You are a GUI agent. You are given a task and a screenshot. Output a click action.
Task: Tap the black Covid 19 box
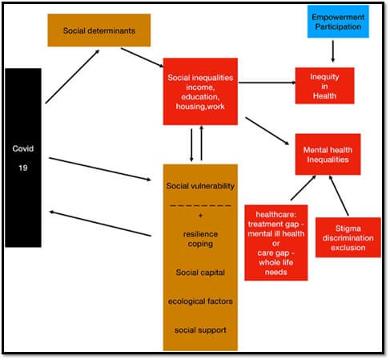pyautogui.click(x=24, y=157)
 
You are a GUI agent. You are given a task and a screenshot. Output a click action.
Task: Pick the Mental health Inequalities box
pyautogui.click(x=328, y=154)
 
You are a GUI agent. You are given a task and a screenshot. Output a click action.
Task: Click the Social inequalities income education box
pyautogui.click(x=200, y=91)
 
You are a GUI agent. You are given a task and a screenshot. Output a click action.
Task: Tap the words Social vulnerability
pyautogui.click(x=200, y=186)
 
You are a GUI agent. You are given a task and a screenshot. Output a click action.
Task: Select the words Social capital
pyautogui.click(x=200, y=272)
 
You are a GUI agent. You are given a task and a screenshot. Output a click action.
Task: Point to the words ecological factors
pyautogui.click(x=200, y=301)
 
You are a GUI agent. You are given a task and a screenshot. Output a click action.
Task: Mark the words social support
pyautogui.click(x=200, y=330)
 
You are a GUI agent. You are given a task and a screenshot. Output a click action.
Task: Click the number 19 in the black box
pyautogui.click(x=24, y=169)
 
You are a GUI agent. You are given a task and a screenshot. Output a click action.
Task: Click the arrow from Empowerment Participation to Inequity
pyautogui.click(x=332, y=50)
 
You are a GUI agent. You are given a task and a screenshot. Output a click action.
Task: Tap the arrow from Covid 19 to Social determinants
pyautogui.click(x=72, y=76)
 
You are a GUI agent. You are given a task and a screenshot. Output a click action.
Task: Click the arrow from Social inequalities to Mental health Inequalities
pyautogui.click(x=267, y=131)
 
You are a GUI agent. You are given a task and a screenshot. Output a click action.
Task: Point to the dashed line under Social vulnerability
pyautogui.click(x=200, y=205)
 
